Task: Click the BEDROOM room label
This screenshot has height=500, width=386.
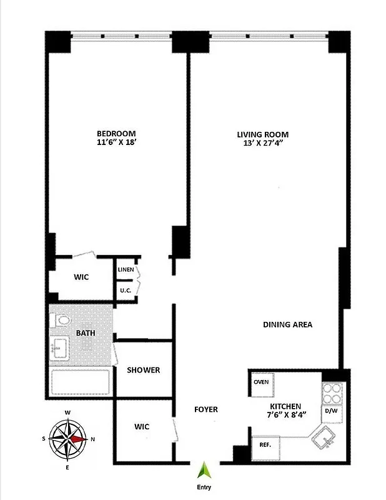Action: coord(116,134)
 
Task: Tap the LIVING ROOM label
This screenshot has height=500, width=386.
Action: coord(262,134)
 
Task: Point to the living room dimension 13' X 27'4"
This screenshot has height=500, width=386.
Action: coord(262,144)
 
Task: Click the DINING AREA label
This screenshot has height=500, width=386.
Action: coord(287,325)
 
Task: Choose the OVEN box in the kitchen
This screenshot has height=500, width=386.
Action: coord(261,382)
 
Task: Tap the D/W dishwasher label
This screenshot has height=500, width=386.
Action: coord(331,411)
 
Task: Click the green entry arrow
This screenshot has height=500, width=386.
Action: coord(202,471)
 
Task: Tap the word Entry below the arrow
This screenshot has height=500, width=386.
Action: coord(203,487)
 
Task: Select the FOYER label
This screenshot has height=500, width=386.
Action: coord(206,410)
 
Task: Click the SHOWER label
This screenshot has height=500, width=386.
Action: coord(144,370)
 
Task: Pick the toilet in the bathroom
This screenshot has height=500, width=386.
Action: coord(61,321)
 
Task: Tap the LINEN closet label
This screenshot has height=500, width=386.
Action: coord(126,269)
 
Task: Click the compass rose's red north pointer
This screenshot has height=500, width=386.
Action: coord(77,439)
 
